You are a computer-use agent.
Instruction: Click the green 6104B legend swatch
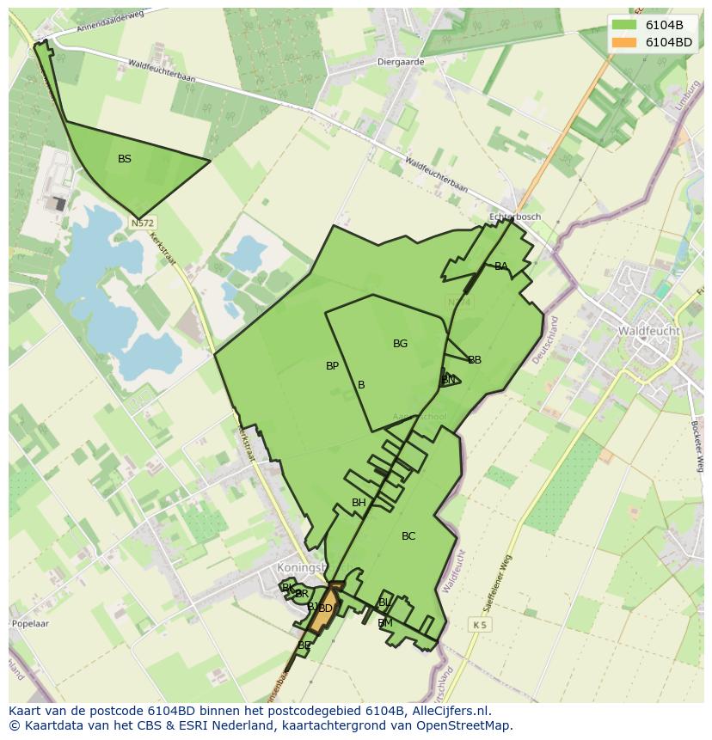(x=624, y=25)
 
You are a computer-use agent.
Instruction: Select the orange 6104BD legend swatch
(x=624, y=42)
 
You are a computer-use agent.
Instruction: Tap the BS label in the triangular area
(x=125, y=159)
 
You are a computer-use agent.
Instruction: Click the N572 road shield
(x=143, y=223)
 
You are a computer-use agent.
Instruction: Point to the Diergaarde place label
(x=401, y=62)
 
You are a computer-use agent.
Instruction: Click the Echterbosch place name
(x=513, y=217)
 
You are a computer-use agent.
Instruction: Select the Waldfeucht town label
(x=648, y=331)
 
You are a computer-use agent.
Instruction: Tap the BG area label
(x=400, y=344)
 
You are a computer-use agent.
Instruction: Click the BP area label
(x=332, y=366)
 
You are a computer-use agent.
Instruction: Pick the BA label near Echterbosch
(x=500, y=266)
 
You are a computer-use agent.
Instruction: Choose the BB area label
(x=475, y=360)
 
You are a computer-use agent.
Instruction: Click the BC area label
(x=408, y=536)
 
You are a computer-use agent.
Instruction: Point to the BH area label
(x=359, y=503)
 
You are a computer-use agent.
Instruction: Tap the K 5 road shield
(x=479, y=625)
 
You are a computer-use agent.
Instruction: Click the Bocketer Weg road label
(x=697, y=444)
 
